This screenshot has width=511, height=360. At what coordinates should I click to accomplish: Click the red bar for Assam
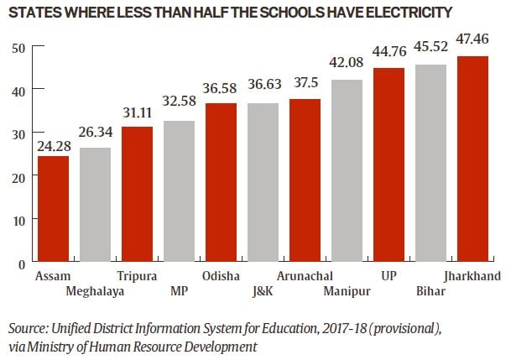tap(54, 209)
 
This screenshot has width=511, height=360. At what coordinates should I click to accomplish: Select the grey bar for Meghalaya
tap(96, 205)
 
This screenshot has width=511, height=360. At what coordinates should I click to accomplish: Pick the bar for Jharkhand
tap(472, 159)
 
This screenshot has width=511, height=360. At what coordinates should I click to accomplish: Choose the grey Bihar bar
tap(430, 164)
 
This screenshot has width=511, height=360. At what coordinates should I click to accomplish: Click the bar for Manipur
tap(347, 171)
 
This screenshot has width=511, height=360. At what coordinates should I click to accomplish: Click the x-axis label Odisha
tap(222, 276)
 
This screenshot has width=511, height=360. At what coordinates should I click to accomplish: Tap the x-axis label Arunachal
tap(305, 276)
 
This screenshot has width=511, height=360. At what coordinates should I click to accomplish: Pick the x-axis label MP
tap(178, 291)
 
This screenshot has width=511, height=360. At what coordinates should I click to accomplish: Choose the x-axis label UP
tap(388, 276)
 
